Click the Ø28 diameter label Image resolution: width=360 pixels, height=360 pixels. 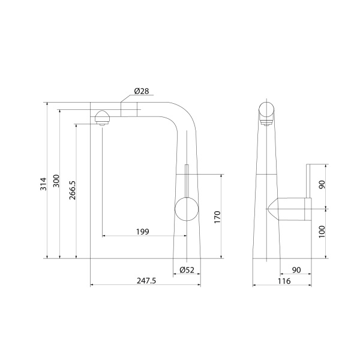pos(141,91)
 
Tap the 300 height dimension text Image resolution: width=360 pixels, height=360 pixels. pos(56,181)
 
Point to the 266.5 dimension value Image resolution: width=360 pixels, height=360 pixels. pos(72,191)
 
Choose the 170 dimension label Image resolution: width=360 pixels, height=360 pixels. pos(217,216)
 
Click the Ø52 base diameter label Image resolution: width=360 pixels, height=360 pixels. pos(187,271)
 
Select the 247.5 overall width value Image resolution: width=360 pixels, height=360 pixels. pos(145,280)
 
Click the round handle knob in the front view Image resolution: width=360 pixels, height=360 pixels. pos(186,211)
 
